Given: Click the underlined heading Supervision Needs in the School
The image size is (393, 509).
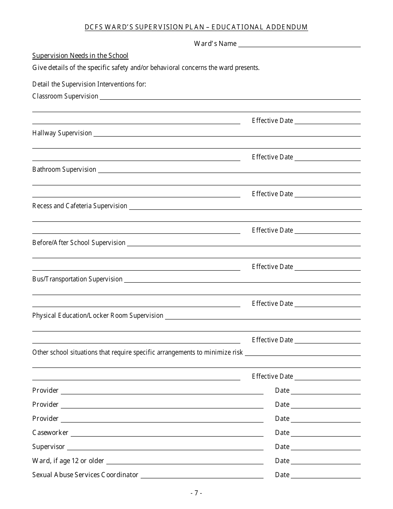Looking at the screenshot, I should [80, 55].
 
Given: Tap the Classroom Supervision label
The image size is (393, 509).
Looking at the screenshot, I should [65, 96].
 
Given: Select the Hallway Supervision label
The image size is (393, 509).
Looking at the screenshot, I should [62, 133].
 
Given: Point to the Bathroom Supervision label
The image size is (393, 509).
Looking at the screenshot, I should [64, 169].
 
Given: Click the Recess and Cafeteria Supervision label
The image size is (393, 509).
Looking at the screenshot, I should [80, 206].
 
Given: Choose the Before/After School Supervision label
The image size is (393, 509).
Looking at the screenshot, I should [79, 242].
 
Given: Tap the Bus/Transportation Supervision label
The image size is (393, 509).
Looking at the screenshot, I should [77, 279].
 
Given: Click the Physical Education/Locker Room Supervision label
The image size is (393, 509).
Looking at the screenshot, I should [98, 315].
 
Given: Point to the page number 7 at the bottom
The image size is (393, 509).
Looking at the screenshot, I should [196, 492].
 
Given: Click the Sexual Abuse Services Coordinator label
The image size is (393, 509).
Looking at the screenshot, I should [85, 475].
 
